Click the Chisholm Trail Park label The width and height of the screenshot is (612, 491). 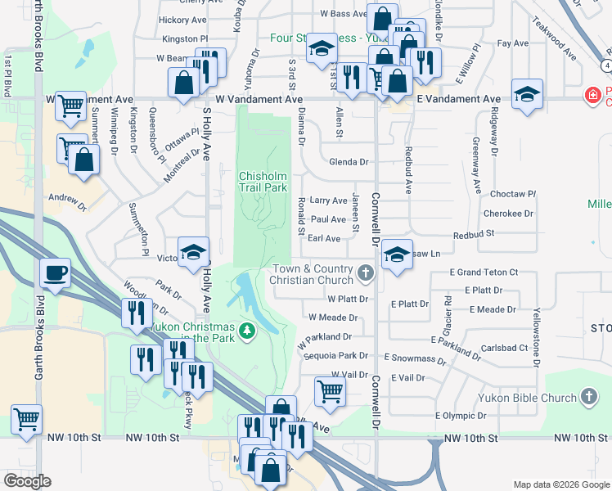[263, 182]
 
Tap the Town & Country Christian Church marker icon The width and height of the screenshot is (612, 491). [366, 272]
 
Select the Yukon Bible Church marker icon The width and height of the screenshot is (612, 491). [588, 399]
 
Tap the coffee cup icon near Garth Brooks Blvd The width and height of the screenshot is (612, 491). [55, 273]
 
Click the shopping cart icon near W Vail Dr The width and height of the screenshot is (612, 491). [330, 390]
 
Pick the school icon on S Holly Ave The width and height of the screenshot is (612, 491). [193, 252]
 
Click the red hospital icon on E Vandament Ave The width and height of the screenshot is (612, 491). [592, 96]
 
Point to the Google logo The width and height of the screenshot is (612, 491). [27, 481]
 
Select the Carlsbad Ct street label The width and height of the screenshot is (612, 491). [502, 347]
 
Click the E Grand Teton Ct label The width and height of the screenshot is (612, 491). [484, 272]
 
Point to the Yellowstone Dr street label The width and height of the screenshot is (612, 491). [537, 327]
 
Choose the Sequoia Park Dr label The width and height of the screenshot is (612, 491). [335, 356]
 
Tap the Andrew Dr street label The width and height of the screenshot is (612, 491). [66, 198]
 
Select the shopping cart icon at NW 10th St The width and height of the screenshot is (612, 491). [27, 419]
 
